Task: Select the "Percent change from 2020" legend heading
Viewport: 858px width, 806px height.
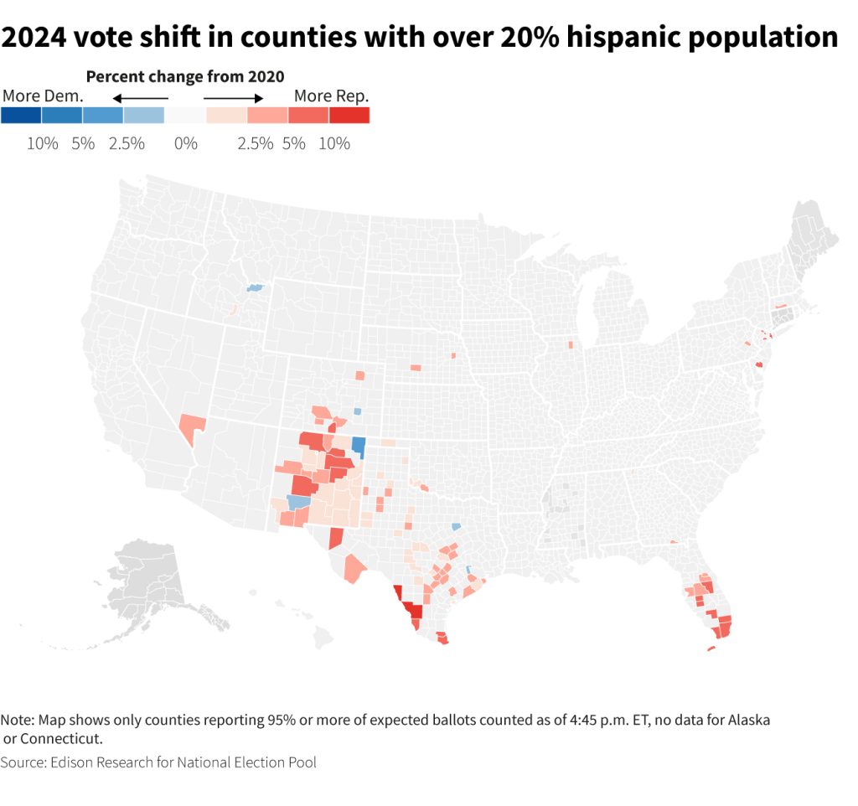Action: click(185, 77)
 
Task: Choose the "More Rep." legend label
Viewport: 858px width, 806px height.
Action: click(331, 96)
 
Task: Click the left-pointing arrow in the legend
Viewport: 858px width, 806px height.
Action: click(140, 98)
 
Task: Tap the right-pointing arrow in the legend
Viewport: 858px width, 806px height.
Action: click(234, 98)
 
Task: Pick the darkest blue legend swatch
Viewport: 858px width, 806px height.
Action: click(21, 116)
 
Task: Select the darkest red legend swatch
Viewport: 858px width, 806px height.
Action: click(349, 116)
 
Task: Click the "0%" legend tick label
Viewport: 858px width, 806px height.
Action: click(185, 143)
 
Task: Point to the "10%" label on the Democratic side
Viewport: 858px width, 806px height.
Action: click(42, 143)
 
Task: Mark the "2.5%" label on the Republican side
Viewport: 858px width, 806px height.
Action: click(256, 143)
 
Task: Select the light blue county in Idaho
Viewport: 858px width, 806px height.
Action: click(255, 288)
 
